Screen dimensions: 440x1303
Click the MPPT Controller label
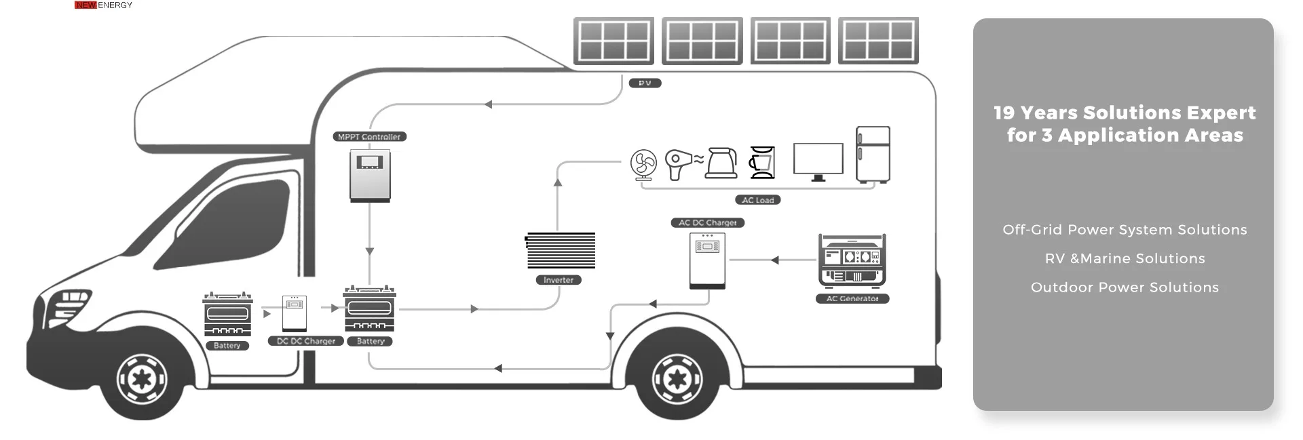click(x=369, y=137)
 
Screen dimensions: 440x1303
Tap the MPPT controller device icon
click(x=370, y=175)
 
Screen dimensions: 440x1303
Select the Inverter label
click(x=559, y=280)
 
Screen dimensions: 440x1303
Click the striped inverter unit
click(x=560, y=250)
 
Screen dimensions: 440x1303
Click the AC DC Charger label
click(x=707, y=222)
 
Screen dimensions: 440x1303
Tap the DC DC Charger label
click(x=306, y=341)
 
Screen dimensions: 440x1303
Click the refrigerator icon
click(x=873, y=155)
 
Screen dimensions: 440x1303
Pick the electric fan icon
click(x=643, y=164)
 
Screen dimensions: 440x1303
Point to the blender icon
click(x=762, y=163)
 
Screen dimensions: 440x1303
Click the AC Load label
click(x=757, y=200)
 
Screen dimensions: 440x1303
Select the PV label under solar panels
click(x=645, y=83)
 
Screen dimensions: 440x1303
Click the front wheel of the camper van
click(x=142, y=378)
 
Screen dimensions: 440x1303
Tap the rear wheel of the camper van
click(x=677, y=378)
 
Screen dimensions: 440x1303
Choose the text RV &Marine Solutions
click(x=1125, y=258)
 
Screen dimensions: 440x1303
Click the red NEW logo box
click(x=86, y=5)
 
